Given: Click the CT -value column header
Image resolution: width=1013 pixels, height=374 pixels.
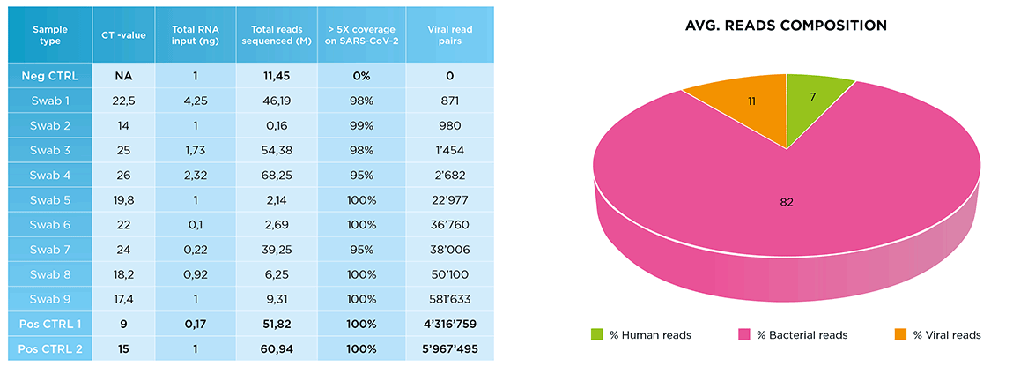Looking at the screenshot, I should click(122, 34).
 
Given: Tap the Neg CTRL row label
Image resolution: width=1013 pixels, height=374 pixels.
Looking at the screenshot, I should click(50, 76).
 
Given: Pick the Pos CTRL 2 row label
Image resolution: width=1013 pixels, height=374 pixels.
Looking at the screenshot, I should click(50, 349).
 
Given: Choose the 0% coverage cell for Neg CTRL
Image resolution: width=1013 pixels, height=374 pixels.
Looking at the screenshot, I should click(362, 76).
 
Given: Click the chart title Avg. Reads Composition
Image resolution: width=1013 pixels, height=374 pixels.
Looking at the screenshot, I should click(786, 26).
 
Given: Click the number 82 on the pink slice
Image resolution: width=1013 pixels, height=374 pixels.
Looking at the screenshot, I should click(787, 203).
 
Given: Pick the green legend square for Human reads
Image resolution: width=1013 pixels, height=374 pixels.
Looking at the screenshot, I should click(597, 335).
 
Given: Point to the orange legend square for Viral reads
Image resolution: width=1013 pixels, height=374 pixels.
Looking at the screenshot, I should click(900, 335).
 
